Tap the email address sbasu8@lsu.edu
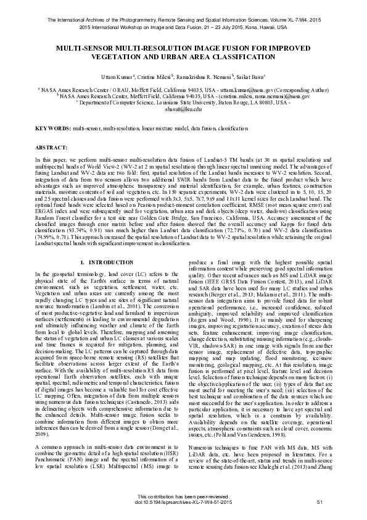tap(183, 108)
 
